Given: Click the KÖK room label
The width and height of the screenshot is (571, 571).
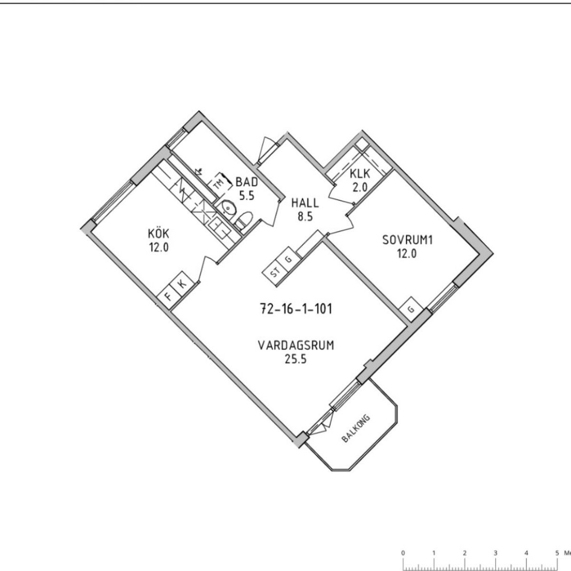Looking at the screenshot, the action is point(158,234).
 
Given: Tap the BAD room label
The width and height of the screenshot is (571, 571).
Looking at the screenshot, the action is point(246,182).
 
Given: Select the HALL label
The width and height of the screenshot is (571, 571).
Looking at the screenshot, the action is point(305,203).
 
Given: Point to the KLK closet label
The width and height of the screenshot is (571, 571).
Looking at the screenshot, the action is point(360,174).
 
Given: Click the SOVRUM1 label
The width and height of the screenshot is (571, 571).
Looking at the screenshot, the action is point(407,240).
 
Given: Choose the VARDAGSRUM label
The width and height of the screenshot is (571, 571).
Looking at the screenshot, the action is point(296,345).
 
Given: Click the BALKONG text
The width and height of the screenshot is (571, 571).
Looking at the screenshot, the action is point(356,428).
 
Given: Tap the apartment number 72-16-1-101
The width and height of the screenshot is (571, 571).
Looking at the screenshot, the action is point(296,309).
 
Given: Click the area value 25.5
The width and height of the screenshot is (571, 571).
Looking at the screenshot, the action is point(295,359).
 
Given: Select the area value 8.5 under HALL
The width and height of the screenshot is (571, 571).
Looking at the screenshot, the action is point(305,217).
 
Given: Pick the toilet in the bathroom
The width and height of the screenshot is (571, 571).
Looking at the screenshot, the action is point(244,220).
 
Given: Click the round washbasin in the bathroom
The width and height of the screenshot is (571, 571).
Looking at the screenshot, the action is point(228,208).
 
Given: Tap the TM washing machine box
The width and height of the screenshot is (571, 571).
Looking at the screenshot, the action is point(219,184).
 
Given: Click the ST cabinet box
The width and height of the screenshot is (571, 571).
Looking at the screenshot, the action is point(275,273).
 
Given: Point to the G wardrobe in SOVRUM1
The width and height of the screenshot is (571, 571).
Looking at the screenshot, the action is point(411,310).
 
